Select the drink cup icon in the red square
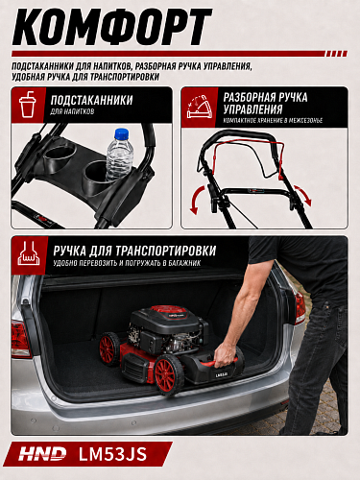[27, 104]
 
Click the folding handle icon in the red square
[200, 107]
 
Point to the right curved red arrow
[302, 195]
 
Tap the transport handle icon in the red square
[29, 253]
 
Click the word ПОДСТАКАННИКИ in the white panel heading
[91, 100]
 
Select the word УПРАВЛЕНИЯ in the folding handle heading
[252, 109]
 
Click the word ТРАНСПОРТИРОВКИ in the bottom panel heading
[165, 251]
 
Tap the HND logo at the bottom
[42, 454]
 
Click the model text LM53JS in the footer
[112, 454]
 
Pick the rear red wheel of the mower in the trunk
[108, 348]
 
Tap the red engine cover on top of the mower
[170, 312]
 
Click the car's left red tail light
[21, 339]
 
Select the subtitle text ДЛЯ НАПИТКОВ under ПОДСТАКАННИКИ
[72, 111]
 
